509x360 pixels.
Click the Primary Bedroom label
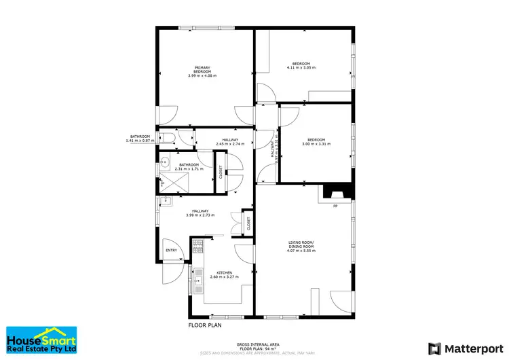point(202,71)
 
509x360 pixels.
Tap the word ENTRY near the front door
point(171,251)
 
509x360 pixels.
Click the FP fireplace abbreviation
point(335,206)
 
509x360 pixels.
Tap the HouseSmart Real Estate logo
point(41,342)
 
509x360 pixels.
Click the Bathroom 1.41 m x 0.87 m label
point(140,138)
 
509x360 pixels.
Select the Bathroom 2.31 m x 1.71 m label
point(189,166)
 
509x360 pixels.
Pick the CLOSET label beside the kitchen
point(248,224)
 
